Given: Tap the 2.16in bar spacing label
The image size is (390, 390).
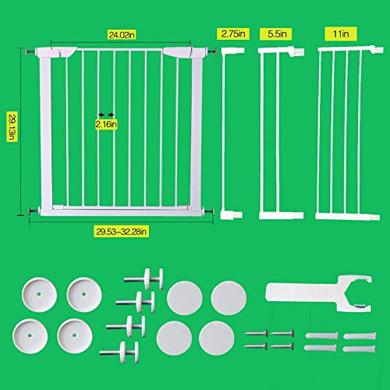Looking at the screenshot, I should (105, 122).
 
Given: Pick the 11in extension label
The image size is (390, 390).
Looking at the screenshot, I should (336, 35).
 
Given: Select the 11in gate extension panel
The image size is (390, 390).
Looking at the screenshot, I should (337, 133).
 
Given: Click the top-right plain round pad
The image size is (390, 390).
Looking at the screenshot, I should (228, 297).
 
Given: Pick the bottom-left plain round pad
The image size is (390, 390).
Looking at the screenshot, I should (173, 337).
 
